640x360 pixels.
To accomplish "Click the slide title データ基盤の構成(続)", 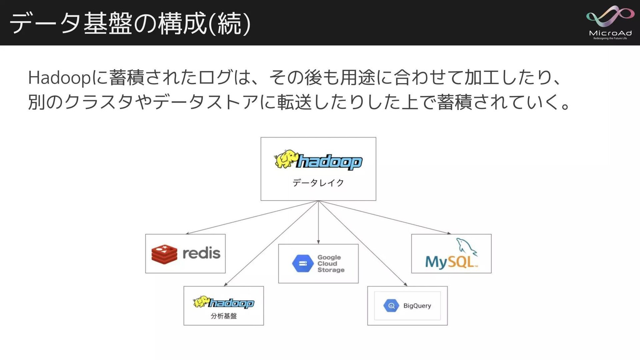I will click(130, 23).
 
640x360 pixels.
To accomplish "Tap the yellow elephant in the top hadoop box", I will click(285, 159).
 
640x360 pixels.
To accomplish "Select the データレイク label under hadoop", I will click(318, 183).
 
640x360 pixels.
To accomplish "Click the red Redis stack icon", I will click(164, 254).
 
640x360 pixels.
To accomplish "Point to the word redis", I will click(201, 254).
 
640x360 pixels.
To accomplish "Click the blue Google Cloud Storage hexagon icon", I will click(303, 263).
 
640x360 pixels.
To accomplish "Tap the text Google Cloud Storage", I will click(330, 263).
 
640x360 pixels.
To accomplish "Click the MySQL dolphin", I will click(466, 247).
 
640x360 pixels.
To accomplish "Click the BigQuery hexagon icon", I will click(391, 306).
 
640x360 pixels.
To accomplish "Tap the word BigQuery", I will click(417, 306).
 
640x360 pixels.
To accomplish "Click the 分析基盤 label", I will click(224, 316).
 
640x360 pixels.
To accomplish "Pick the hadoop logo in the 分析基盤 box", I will click(224, 302).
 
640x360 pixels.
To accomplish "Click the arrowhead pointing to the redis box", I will click(188, 233).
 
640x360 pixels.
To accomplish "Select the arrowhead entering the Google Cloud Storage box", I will click(318, 242).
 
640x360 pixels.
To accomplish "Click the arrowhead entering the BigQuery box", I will click(406, 284).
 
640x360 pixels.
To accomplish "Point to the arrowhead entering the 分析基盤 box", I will click(226, 284).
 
